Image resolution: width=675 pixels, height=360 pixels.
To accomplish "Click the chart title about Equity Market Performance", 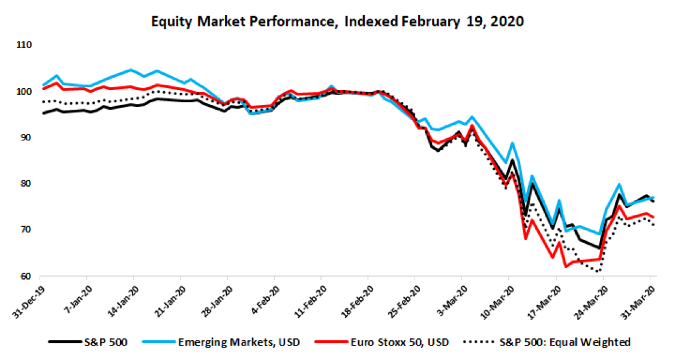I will [338, 22].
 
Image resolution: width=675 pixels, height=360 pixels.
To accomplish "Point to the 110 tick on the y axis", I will [25, 46].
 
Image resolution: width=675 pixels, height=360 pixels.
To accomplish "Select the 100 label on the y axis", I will [25, 92].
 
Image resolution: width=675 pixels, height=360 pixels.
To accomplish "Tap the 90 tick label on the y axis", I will [26, 138].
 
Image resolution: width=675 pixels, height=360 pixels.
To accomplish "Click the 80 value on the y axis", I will [26, 184].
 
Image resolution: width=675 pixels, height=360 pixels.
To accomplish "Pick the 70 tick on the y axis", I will [26, 230].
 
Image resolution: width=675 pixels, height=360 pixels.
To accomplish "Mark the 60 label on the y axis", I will [26, 277].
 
